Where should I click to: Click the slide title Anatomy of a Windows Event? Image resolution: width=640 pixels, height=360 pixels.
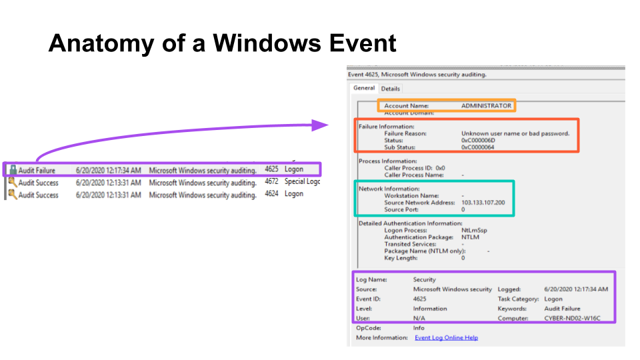click(222, 43)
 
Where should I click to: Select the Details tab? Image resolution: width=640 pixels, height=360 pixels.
click(391, 89)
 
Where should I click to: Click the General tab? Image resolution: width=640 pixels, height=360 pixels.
click(364, 88)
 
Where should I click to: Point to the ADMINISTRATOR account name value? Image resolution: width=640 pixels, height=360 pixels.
click(486, 105)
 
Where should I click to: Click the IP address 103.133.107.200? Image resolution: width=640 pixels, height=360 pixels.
click(483, 203)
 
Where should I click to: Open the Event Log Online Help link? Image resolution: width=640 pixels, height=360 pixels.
click(446, 338)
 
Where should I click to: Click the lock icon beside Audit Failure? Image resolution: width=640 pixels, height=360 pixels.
click(13, 170)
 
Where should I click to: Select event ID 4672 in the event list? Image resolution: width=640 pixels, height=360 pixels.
click(271, 182)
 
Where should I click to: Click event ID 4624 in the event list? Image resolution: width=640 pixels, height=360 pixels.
click(271, 194)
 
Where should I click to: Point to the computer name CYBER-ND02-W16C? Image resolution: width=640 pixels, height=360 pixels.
click(572, 318)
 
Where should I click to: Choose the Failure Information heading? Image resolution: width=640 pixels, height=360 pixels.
click(387, 126)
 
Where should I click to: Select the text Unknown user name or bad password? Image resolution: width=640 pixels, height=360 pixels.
click(515, 133)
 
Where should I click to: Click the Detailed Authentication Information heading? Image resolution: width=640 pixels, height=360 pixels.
click(411, 223)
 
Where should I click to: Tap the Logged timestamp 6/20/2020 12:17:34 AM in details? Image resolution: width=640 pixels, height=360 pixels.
click(576, 289)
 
